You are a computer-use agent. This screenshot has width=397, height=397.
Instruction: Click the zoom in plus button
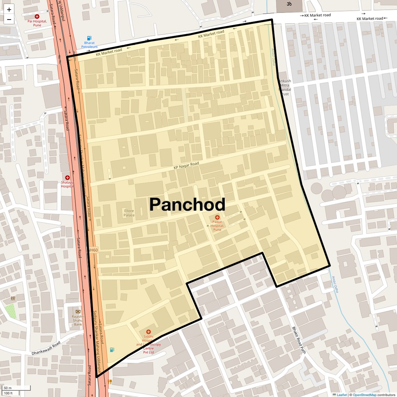point(9,10)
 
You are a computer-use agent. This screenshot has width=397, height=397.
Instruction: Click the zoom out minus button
point(9,20)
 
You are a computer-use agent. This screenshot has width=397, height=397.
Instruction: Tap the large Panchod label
point(187,205)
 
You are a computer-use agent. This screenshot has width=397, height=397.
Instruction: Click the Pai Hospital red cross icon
point(37,16)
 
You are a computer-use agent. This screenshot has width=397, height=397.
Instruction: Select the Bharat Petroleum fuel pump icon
point(89,38)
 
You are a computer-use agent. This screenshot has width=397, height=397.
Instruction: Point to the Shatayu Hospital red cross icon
point(67,178)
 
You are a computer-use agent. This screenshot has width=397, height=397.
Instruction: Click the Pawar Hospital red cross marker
point(217,217)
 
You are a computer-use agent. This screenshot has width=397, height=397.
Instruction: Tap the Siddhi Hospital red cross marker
point(148,332)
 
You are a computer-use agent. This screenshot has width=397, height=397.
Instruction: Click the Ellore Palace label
point(129,213)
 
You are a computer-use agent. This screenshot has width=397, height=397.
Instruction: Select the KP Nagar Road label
point(186,166)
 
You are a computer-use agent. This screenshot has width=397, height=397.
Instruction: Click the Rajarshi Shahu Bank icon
point(78,311)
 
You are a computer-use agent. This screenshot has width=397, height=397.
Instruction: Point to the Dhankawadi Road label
point(46,348)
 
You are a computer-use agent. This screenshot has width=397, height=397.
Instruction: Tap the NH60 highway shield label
point(93,250)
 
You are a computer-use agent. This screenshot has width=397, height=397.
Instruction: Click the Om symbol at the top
point(288,4)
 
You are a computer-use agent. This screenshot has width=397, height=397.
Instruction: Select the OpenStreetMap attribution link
point(364,395)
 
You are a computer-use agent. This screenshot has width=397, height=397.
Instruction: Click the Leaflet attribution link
point(341,395)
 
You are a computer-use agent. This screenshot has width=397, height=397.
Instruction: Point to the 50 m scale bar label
point(8,388)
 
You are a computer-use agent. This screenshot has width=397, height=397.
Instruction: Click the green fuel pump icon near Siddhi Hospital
point(112,350)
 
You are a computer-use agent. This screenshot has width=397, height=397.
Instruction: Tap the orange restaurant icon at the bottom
point(110,381)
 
